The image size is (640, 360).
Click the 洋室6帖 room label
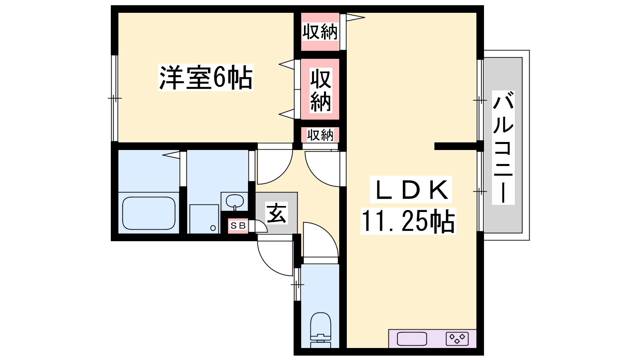pos(206,78)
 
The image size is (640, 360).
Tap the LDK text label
pos(410,190)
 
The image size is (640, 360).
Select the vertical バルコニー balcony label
pos(503,148)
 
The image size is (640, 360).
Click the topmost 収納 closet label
pos(320,32)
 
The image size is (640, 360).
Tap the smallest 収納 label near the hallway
pos(320,135)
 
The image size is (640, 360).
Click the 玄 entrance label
pos(276,213)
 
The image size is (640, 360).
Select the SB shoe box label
pos(238,226)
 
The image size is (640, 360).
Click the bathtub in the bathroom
pos(149,213)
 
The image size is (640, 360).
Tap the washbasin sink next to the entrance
pos(235,202)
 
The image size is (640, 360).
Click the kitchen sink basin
pos(412,339)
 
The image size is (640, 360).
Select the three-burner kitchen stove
pos(457,339)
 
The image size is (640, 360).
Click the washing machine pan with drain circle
pos(204,219)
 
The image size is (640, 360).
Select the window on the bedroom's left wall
pos(114,98)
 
